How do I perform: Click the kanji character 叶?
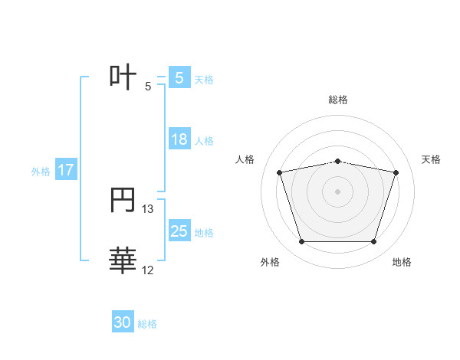point(123,77)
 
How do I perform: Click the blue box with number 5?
point(179,78)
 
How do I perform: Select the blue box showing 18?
point(179,139)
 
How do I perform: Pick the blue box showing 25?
point(179,231)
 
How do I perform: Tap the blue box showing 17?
point(66,170)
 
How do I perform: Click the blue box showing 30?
point(123,322)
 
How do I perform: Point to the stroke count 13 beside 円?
point(148,208)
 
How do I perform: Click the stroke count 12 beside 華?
point(148,270)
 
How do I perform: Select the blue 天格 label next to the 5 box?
point(204,79)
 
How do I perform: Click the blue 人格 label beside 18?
point(204,140)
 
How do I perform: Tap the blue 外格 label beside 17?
point(41,172)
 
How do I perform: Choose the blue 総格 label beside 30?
point(147,324)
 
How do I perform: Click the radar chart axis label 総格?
point(338,100)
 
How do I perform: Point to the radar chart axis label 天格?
point(432,159)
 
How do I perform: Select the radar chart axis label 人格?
point(245,159)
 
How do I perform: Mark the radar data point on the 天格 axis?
point(396,172)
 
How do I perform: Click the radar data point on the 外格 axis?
point(301,242)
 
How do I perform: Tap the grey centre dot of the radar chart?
point(338,191)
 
